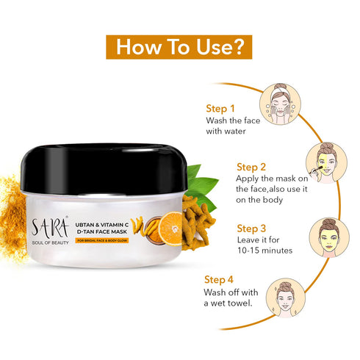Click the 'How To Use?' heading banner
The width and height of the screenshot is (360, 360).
(179, 47)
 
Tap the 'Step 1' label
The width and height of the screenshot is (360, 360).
(220, 109)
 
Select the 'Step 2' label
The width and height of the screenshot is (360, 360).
(251, 167)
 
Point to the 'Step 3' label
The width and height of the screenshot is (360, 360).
(251, 228)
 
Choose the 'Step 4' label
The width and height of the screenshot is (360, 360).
(219, 280)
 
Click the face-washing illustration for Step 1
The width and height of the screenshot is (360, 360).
(280, 104)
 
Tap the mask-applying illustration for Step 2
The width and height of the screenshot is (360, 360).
(326, 162)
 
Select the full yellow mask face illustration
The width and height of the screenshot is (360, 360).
(329, 237)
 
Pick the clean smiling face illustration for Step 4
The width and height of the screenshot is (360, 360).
(286, 298)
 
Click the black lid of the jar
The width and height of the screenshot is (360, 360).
(104, 169)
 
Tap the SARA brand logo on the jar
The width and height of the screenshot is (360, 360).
(50, 226)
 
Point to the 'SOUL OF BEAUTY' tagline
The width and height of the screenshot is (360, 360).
(50, 242)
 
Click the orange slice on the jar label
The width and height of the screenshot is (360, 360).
(170, 228)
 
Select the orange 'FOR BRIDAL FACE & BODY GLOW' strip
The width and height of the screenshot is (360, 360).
(102, 240)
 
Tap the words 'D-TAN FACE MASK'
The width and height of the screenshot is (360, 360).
(102, 231)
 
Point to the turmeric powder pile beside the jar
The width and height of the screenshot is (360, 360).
(12, 218)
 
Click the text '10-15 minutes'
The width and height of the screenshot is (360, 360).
(264, 251)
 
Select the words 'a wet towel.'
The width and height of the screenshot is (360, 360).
(228, 303)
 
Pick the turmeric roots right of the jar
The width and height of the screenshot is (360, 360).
(198, 223)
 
